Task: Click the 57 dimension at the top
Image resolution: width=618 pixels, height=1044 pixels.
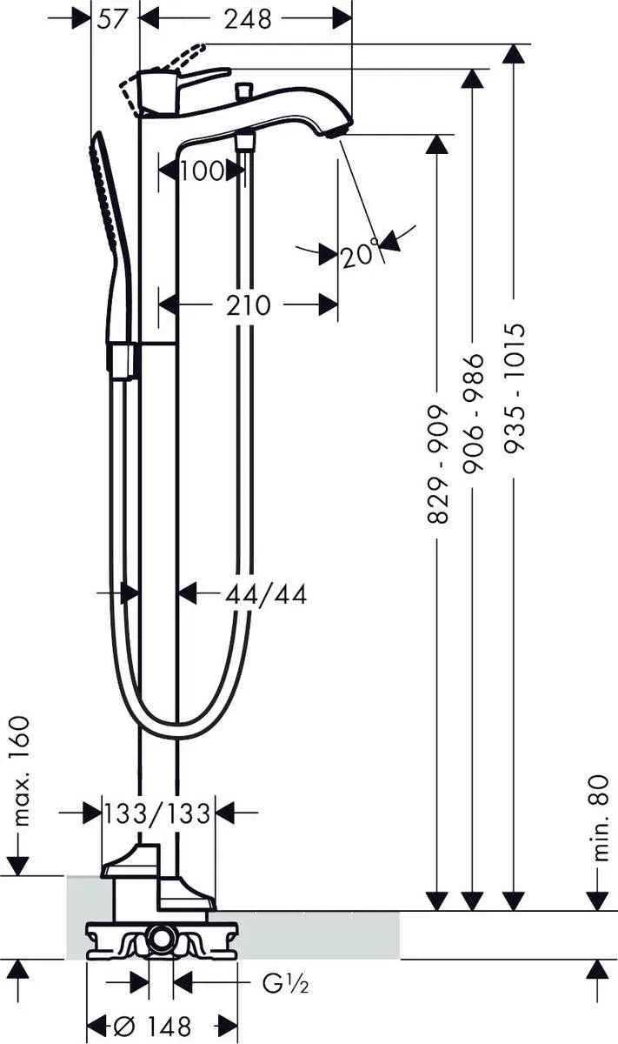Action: [115, 18]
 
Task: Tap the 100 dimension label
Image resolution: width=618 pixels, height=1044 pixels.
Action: [202, 171]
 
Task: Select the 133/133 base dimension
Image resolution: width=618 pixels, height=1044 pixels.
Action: [157, 813]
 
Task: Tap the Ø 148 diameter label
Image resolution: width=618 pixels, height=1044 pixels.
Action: [152, 1026]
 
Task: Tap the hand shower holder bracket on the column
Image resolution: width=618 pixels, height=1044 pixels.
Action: [123, 360]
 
